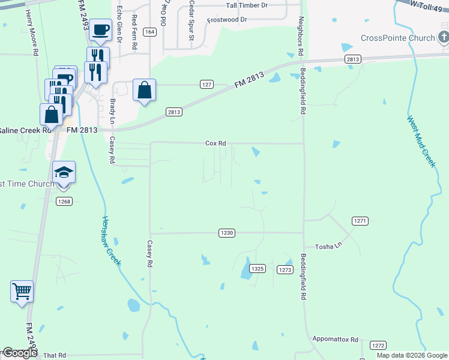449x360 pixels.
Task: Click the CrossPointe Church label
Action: tap(398, 38)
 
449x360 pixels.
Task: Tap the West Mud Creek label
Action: tap(420, 142)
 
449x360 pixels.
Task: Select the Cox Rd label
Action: tap(215, 143)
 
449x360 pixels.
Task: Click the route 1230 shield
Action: tap(226, 233)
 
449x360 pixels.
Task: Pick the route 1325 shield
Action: tap(258, 269)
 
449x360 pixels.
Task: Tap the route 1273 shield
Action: tap(285, 270)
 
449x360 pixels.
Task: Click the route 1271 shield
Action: tap(360, 221)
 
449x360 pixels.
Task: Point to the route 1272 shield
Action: tap(378, 346)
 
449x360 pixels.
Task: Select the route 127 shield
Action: tap(206, 85)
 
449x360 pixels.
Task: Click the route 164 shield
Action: tap(150, 32)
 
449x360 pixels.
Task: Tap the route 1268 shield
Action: tap(64, 201)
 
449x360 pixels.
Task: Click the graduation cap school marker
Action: tap(64, 173)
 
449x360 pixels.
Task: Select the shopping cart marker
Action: tap(22, 292)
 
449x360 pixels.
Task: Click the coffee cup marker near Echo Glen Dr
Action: tap(101, 29)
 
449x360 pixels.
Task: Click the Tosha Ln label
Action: tap(328, 247)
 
